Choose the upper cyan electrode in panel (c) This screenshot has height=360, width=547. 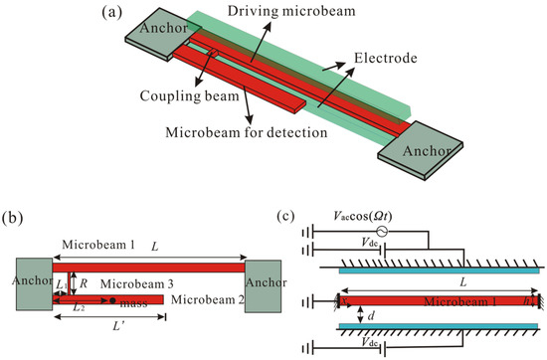tap(438, 268)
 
